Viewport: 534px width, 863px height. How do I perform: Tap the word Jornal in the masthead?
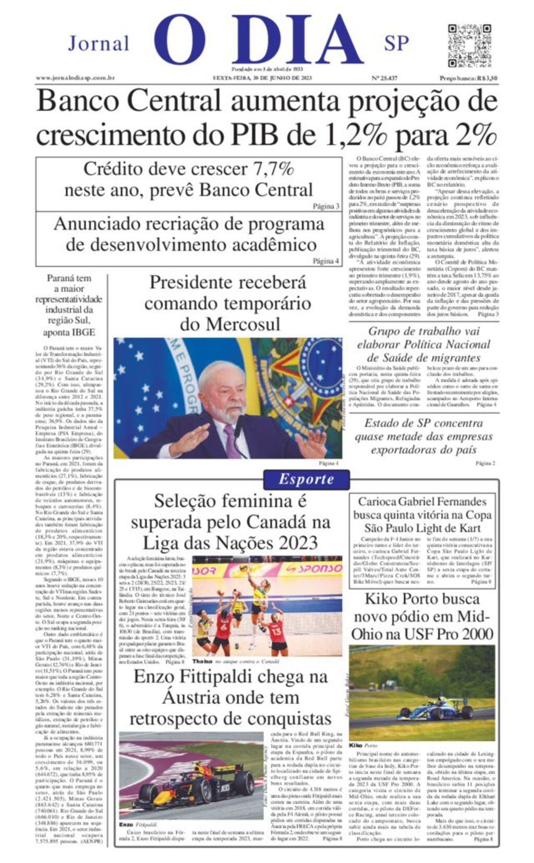coord(99,44)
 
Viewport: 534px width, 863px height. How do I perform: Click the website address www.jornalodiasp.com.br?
coord(75,78)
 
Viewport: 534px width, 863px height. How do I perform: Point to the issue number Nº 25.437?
coord(384,78)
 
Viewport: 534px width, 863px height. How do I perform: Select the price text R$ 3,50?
coord(487,78)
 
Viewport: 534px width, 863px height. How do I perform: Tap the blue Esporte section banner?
coord(306,479)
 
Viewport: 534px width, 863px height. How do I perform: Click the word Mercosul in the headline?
coord(230,324)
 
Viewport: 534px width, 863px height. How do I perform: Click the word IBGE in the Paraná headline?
coord(83,332)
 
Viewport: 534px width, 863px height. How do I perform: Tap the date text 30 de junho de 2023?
coord(285,78)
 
